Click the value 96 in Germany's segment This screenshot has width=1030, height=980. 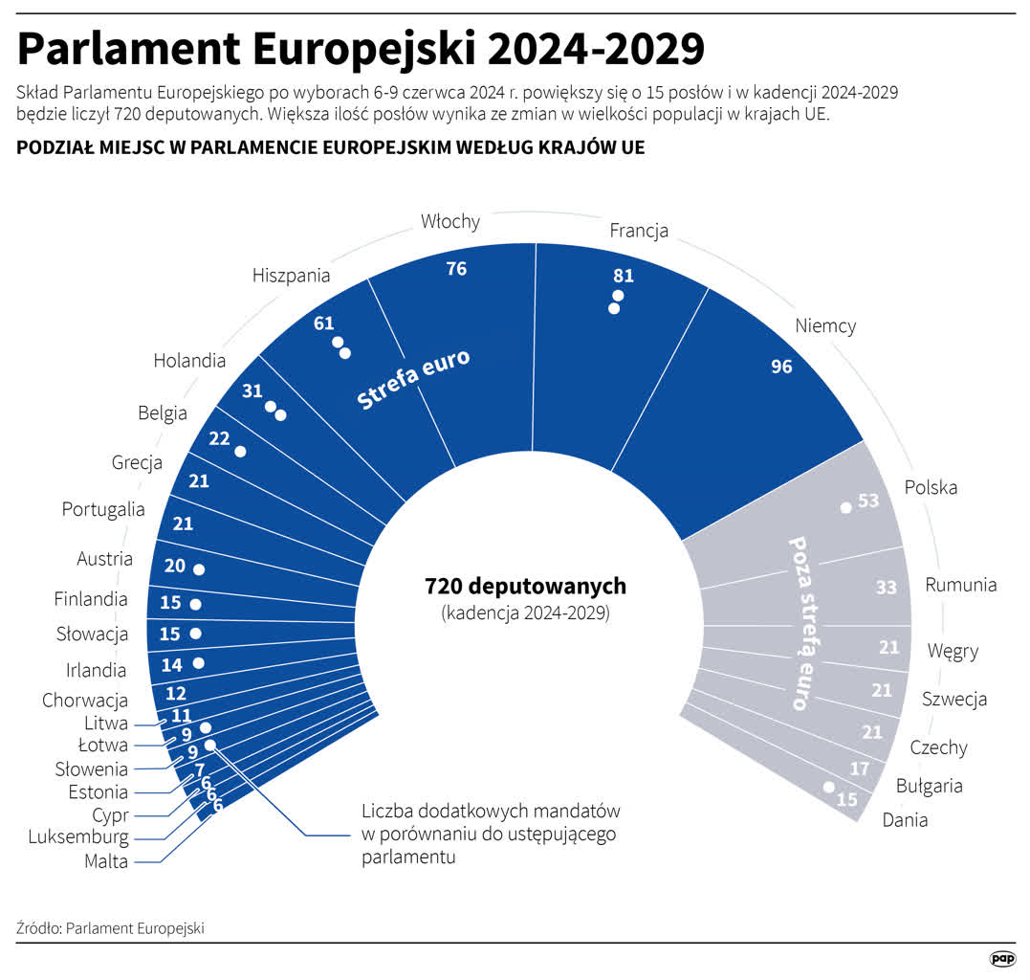pos(781,367)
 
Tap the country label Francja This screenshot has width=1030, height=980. pos(638,231)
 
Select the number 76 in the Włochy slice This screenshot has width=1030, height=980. pos(456,269)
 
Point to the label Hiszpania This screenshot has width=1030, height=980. pos(292,276)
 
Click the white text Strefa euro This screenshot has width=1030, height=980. pos(413,380)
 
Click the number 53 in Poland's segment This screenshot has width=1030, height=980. pos(868,501)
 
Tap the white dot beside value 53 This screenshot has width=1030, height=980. pos(845,507)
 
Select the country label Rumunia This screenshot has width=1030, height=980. pos(960,585)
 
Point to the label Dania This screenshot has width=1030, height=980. pos(905,819)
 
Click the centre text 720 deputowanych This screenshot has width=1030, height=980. pos(525,585)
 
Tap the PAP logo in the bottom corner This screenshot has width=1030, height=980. pos(1001,958)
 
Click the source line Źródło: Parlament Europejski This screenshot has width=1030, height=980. pos(111,928)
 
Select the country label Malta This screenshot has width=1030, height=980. pos(105,861)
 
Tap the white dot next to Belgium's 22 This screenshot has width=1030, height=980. pos(240,451)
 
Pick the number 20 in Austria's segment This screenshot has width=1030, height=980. pos(174,566)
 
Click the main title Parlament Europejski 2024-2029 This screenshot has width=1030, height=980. pos(361,48)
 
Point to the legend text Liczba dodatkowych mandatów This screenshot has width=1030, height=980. pos(491,812)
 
